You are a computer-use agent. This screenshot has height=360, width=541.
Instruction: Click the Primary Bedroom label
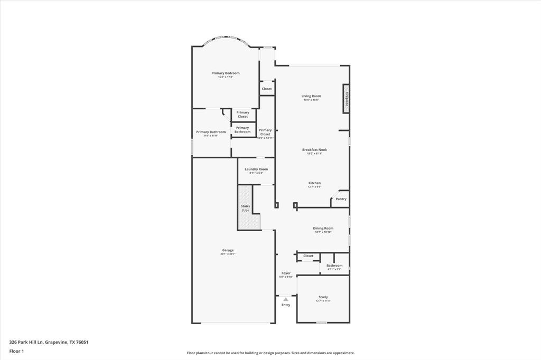[226, 73]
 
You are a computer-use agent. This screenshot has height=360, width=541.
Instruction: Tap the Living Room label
[311, 96]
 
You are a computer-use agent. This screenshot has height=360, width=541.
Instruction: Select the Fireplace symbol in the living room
[346, 99]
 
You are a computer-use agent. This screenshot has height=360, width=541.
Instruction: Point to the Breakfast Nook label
[314, 150]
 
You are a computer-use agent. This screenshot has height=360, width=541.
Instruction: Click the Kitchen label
[314, 183]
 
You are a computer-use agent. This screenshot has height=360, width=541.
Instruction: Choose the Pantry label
[341, 199]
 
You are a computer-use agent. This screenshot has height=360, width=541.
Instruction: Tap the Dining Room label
[323, 229]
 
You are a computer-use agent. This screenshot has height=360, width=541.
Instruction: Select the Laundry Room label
[256, 169]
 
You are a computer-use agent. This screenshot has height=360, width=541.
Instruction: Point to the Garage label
[228, 250]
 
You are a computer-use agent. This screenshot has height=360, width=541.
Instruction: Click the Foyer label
[286, 273]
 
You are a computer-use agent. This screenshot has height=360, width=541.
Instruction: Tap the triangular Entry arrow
[286, 299]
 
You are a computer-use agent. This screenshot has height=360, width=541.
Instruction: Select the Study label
[323, 297]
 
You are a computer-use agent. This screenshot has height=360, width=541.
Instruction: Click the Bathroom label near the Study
[334, 266]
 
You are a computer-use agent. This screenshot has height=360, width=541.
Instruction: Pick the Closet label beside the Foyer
[308, 256]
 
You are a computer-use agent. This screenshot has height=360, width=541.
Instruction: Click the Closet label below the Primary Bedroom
[267, 89]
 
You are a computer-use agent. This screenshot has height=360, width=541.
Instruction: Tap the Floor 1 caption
[17, 351]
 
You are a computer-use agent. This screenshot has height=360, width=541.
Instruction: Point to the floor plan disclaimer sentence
[270, 353]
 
